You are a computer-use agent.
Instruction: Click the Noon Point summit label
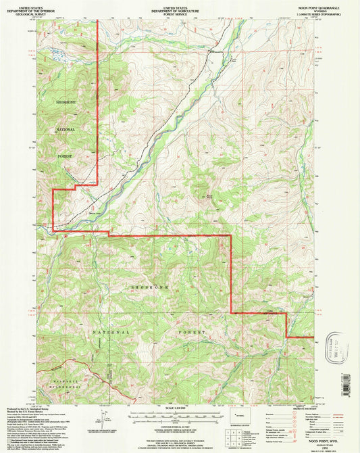click(207, 197)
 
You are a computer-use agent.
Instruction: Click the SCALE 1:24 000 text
click(179, 409)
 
